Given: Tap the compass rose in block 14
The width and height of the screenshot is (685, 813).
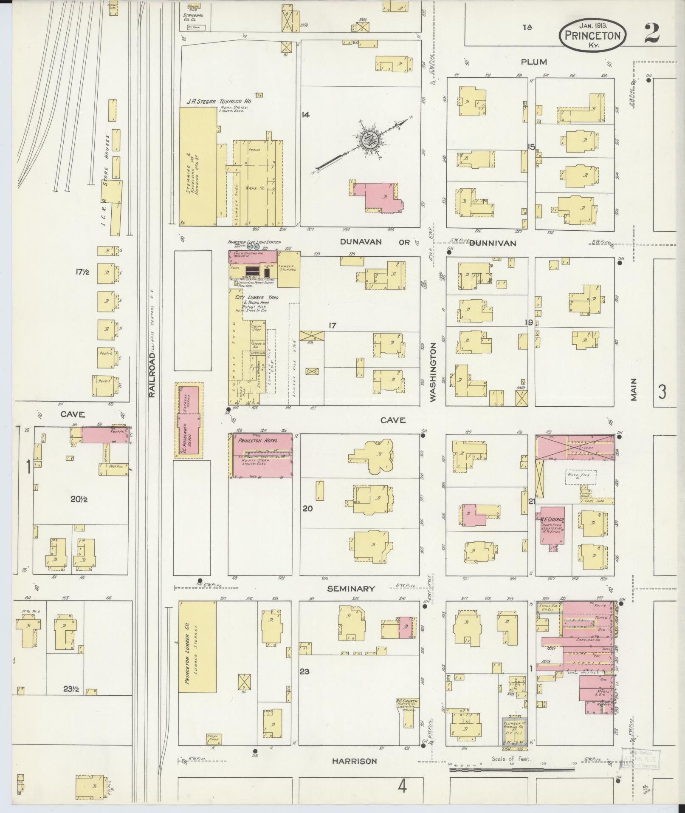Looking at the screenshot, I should pos(366,140).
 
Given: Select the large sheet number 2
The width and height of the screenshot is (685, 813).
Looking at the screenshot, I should pos(651,34).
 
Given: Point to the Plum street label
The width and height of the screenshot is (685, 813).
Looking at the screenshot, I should pos(534,62).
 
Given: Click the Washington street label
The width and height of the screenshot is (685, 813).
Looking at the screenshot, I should pos(433,373).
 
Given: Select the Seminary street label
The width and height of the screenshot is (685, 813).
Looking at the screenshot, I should pos(351,589).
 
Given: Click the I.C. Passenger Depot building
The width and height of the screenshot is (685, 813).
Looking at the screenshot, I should pos(189,420).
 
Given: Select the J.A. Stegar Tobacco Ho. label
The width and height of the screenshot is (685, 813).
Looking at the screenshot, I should pos(219,102).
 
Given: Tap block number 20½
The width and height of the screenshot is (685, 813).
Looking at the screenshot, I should pos(79,499).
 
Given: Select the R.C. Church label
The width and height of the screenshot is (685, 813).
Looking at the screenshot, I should pos(406,701).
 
